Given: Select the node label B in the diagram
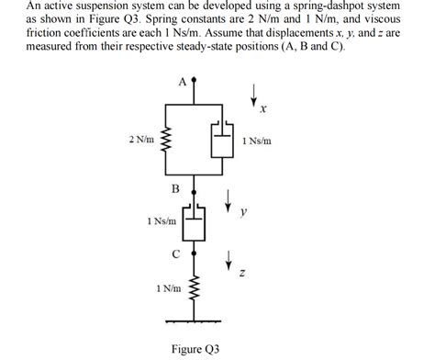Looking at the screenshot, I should coord(175,188).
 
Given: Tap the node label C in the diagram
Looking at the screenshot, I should coord(175,254).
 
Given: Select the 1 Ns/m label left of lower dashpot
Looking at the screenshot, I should coord(161,221).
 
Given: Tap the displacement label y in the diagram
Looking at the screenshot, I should coord(243,212).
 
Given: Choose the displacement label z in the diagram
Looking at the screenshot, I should coord(240,273).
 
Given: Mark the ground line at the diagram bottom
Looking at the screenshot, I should coord(194,320).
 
